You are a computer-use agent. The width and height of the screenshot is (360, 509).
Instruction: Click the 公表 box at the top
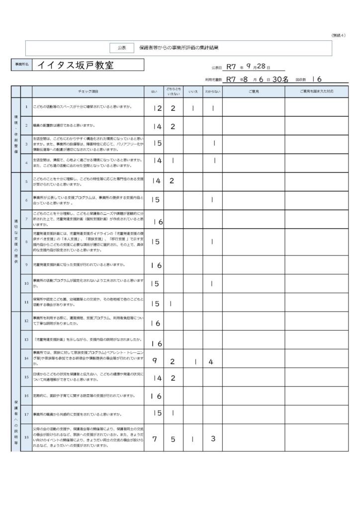122,48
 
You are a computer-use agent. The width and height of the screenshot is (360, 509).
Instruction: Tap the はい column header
154,92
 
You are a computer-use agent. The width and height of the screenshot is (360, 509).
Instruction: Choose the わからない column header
213,92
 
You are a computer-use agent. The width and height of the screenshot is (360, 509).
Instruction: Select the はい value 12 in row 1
157,108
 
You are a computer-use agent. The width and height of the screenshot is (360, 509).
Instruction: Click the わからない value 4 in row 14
211,361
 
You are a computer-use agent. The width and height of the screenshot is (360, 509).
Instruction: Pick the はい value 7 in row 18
155,439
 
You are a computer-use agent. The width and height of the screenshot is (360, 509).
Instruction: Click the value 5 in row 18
173,439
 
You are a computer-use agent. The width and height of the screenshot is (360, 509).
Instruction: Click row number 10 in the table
26,283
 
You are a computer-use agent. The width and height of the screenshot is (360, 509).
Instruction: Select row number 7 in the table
26,219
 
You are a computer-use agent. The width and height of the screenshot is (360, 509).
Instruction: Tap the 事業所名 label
21,65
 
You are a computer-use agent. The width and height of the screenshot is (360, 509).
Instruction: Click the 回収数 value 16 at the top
316,79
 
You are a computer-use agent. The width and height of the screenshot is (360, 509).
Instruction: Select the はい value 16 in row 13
156,343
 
